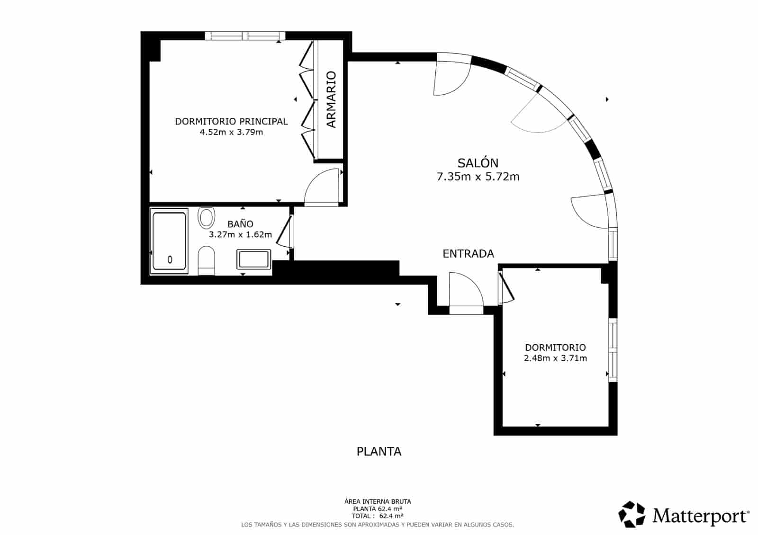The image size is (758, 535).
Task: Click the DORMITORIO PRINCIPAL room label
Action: [231, 121]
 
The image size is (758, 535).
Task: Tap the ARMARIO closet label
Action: [331, 99]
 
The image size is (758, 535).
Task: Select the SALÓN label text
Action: [478, 163]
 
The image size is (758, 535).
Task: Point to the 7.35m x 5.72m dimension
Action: [478, 177]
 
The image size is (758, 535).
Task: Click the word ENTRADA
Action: [469, 254]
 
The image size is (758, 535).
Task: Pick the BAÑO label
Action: [240, 224]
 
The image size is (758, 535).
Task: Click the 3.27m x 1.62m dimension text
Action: [240, 234]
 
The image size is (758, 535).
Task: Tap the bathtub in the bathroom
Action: [169, 241]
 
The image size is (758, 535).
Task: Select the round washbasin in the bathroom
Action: [206, 217]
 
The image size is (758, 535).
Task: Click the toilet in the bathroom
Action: [206, 261]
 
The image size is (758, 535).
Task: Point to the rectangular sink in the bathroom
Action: [254, 259]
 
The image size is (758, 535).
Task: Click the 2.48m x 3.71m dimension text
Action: [555, 358]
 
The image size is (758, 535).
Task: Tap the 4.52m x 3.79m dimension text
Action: [231, 132]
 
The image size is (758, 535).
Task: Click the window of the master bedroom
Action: [245, 36]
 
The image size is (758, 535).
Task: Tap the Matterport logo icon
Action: [632, 514]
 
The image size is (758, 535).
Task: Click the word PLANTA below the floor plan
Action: [379, 452]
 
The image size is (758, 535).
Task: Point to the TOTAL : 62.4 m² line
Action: [377, 516]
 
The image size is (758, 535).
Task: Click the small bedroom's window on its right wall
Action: [613, 350]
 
